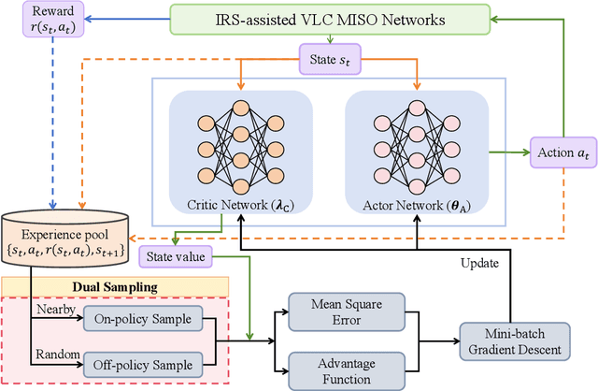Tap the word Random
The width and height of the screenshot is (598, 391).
click(56, 355)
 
